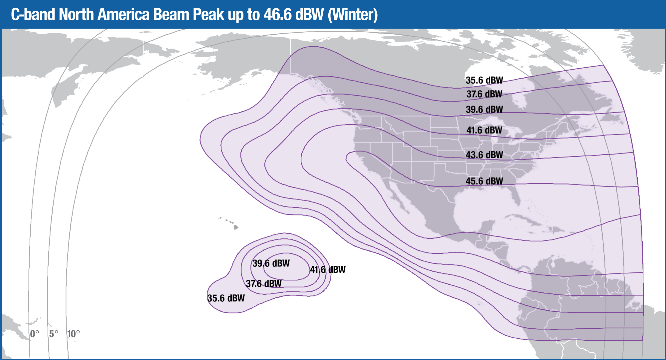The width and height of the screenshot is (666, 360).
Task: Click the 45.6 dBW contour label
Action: (x=484, y=181)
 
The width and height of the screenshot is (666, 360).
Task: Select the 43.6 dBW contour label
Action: (x=484, y=155)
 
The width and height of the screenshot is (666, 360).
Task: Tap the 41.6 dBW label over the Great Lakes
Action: (x=484, y=130)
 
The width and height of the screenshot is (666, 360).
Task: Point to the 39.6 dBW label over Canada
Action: (x=484, y=109)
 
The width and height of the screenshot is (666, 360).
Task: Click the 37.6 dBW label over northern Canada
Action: (x=484, y=94)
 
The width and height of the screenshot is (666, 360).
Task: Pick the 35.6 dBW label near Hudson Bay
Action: (x=484, y=80)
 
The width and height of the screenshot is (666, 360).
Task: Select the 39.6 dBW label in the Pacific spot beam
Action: (x=271, y=263)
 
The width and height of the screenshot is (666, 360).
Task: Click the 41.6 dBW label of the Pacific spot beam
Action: (x=328, y=270)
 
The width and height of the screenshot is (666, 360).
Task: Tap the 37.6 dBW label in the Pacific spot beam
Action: (x=264, y=284)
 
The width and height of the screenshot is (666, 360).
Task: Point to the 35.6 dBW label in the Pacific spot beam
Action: (x=226, y=298)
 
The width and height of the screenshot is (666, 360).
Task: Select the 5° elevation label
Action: (x=54, y=334)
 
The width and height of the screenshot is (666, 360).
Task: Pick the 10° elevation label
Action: (x=74, y=334)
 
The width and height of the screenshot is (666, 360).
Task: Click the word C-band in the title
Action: (x=33, y=15)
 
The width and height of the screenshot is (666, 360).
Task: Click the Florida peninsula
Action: (x=516, y=196)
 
